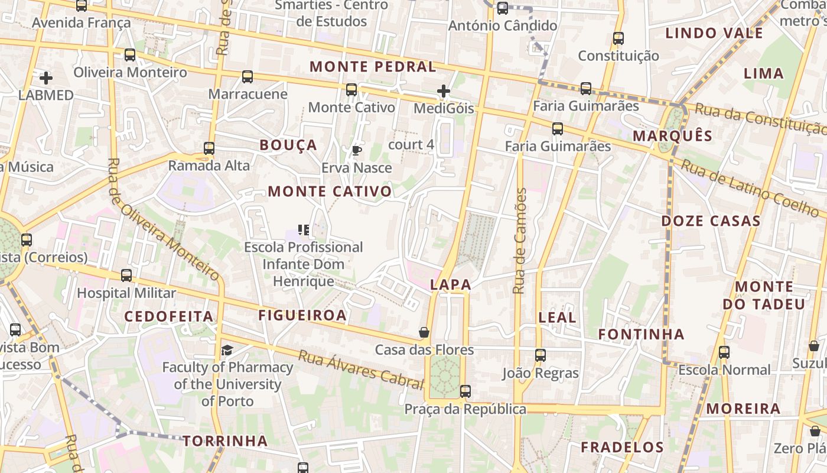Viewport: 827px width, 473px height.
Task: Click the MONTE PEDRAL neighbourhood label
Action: click(373, 66)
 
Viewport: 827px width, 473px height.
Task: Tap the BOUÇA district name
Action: click(288, 145)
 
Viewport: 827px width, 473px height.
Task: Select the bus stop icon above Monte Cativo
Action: click(351, 90)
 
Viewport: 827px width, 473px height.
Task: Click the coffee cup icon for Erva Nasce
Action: click(356, 150)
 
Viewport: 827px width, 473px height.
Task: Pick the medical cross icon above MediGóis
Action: click(444, 91)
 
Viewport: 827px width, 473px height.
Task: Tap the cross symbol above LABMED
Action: click(45, 77)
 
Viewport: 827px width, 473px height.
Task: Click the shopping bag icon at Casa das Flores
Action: click(424, 332)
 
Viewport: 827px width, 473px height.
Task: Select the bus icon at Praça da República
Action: click(465, 391)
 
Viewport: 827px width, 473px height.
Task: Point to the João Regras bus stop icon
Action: click(541, 355)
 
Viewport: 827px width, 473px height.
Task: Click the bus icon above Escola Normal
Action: click(724, 352)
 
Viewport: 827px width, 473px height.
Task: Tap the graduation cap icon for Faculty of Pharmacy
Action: click(227, 351)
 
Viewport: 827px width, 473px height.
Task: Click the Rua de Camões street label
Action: click(520, 241)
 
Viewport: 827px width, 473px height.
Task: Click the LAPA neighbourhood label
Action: click(451, 284)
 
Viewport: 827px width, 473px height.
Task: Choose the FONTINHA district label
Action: click(641, 334)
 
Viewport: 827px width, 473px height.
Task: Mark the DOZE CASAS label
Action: click(711, 221)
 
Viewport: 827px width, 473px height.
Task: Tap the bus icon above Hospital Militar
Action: click(126, 276)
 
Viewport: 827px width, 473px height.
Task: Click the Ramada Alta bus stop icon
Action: click(209, 148)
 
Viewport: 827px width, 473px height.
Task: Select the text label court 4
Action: click(411, 144)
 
